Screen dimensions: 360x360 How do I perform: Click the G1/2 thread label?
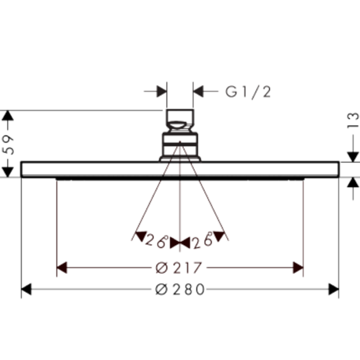tap(248, 92)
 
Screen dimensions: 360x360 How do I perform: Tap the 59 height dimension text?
tap(8, 145)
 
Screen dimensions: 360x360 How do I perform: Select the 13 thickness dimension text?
tap(353, 120)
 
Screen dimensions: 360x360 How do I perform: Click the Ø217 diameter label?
tap(178, 268)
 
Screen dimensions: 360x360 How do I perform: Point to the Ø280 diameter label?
tap(180, 289)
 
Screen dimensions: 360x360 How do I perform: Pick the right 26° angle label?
tap(203, 240)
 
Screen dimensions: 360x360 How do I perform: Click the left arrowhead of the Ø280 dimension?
tap(26, 289)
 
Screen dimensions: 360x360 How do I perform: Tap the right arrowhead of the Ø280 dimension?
tap(334, 289)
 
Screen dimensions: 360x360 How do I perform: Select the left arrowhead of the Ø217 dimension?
tap(62, 268)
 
